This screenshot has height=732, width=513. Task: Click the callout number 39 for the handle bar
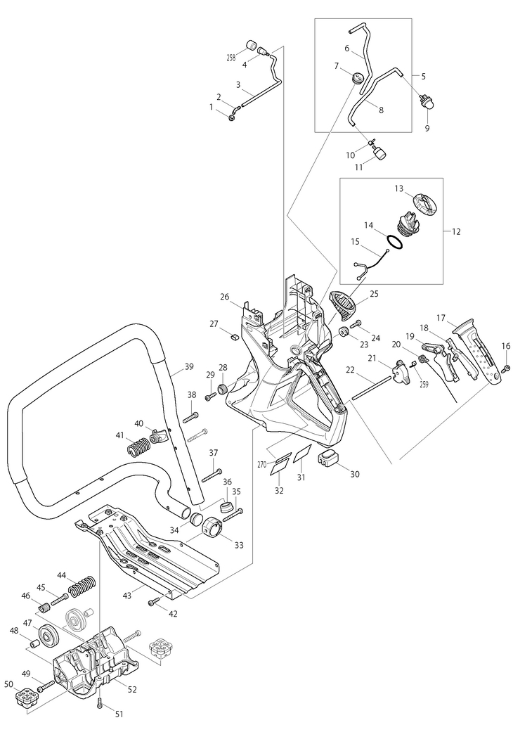pos(188,366)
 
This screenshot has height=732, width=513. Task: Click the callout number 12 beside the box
pos(456,231)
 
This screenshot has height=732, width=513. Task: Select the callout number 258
pos(230,58)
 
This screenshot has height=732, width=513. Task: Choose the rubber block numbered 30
pos(327,458)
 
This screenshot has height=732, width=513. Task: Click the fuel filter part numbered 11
pos(381,152)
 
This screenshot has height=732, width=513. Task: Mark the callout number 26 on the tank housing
pos(226,297)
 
